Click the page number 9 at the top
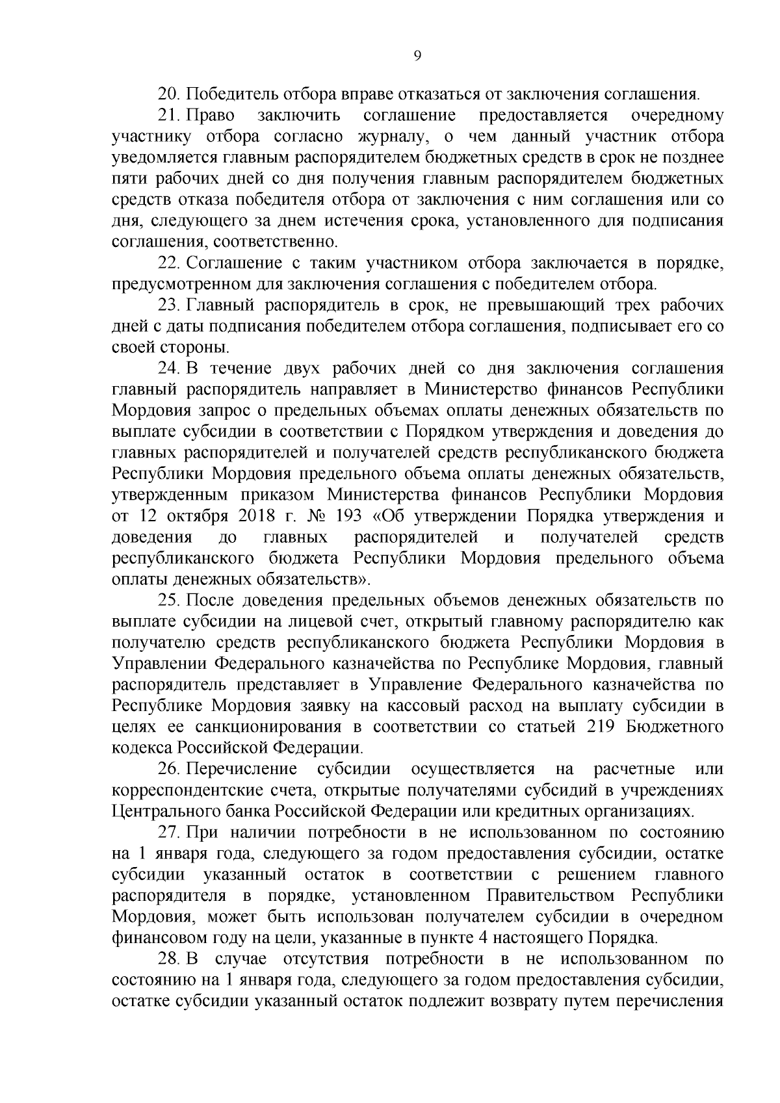[417, 57]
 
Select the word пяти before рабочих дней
[130, 179]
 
